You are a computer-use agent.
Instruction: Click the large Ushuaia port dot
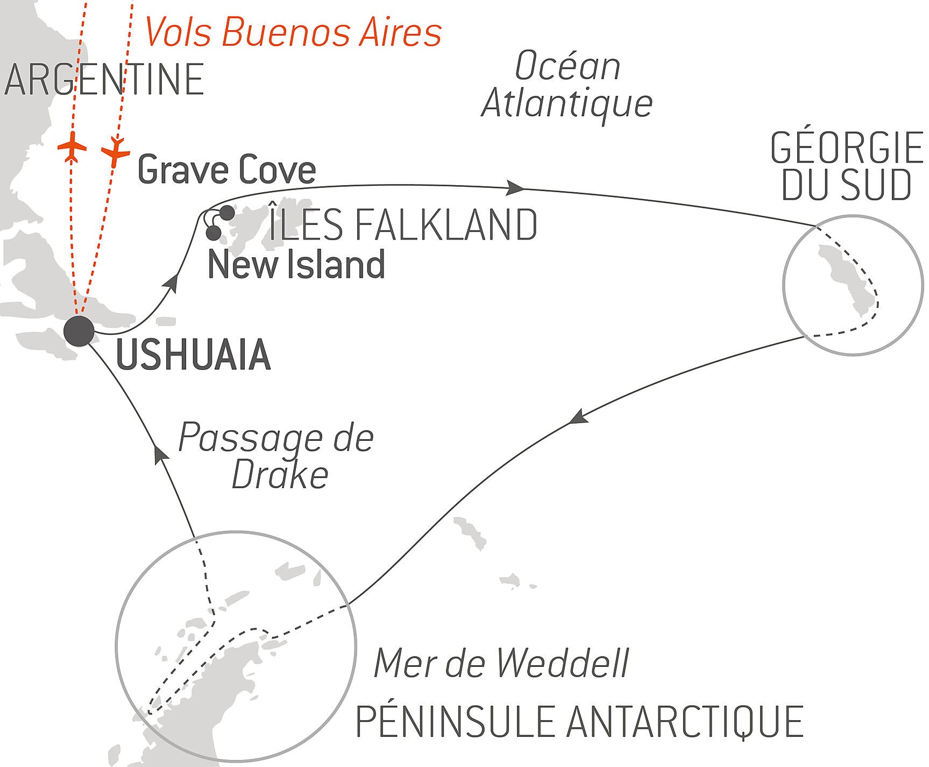click(x=79, y=331)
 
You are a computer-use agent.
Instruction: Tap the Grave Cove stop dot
click(x=227, y=213)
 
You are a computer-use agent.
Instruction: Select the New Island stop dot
click(x=214, y=233)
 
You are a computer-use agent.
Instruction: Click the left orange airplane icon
click(x=72, y=147)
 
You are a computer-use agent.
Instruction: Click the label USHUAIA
click(x=193, y=356)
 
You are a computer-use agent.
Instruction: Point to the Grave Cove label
click(x=226, y=171)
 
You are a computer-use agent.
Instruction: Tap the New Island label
click(x=296, y=265)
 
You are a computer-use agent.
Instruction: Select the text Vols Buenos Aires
click(x=293, y=32)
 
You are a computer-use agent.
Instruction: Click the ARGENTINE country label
click(x=103, y=80)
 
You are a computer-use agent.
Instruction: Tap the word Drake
click(x=280, y=475)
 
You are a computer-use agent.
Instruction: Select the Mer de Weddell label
click(x=501, y=664)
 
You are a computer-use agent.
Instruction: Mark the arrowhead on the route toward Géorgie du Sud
click(x=516, y=188)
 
